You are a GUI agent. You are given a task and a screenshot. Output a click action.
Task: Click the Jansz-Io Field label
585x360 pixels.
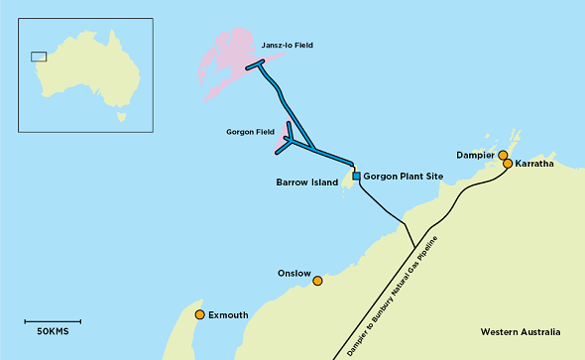pyautogui.click(x=288, y=46)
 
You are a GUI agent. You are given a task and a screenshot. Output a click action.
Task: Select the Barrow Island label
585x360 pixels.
pyautogui.click(x=307, y=182)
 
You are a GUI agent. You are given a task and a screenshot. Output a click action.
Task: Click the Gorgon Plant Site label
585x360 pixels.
pyautogui.click(x=402, y=177)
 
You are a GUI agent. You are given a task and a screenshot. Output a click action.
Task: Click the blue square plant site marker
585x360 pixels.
pyautogui.click(x=355, y=176)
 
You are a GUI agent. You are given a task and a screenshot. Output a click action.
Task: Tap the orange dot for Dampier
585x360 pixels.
pyautogui.click(x=503, y=156)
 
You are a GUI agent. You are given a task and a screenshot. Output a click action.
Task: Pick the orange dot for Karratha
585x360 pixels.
pyautogui.click(x=508, y=164)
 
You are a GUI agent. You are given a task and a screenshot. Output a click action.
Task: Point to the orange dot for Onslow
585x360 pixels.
pyautogui.click(x=317, y=282)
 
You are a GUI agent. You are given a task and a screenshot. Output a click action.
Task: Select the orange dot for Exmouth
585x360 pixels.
pyautogui.click(x=199, y=315)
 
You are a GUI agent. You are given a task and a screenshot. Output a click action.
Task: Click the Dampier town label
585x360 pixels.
pyautogui.click(x=475, y=156)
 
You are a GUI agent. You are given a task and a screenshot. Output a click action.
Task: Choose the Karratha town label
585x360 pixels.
pyautogui.click(x=534, y=165)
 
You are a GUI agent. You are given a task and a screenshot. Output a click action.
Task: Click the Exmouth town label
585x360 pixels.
pyautogui.click(x=228, y=315)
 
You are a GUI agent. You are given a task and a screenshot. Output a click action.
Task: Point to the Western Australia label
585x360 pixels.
pyautogui.click(x=520, y=331)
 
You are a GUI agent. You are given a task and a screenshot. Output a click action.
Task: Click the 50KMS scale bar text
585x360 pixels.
pyautogui.click(x=52, y=330)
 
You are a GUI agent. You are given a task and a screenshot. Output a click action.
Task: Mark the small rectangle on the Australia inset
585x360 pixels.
pyautogui.click(x=39, y=57)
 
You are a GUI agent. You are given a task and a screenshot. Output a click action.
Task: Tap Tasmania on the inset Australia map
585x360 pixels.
pyautogui.click(x=122, y=116)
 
